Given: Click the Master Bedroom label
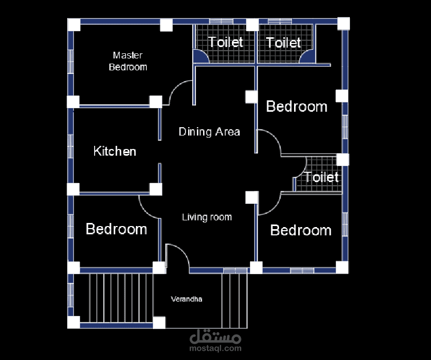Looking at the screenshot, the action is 128,61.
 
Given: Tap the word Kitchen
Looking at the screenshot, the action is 115,151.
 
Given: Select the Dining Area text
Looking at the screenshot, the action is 209,132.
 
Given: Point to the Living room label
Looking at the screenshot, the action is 207,217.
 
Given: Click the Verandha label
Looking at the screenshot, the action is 187,299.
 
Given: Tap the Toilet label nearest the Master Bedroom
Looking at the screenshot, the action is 225,42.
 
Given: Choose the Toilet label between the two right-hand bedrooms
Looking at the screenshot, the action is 321,177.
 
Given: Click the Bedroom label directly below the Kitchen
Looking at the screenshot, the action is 116,229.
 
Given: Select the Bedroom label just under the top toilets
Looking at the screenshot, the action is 297,106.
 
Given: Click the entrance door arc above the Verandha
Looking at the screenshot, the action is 183,251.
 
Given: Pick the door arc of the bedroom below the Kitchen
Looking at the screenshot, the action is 145,212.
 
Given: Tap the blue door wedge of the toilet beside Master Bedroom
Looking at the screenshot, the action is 200,56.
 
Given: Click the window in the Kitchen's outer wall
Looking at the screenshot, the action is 71,146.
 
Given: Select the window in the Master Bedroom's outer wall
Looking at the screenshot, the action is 71,62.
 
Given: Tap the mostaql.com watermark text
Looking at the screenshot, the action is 215,349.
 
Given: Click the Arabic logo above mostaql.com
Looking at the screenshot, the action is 215,336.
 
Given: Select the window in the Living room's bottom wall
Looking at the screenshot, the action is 235,271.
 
